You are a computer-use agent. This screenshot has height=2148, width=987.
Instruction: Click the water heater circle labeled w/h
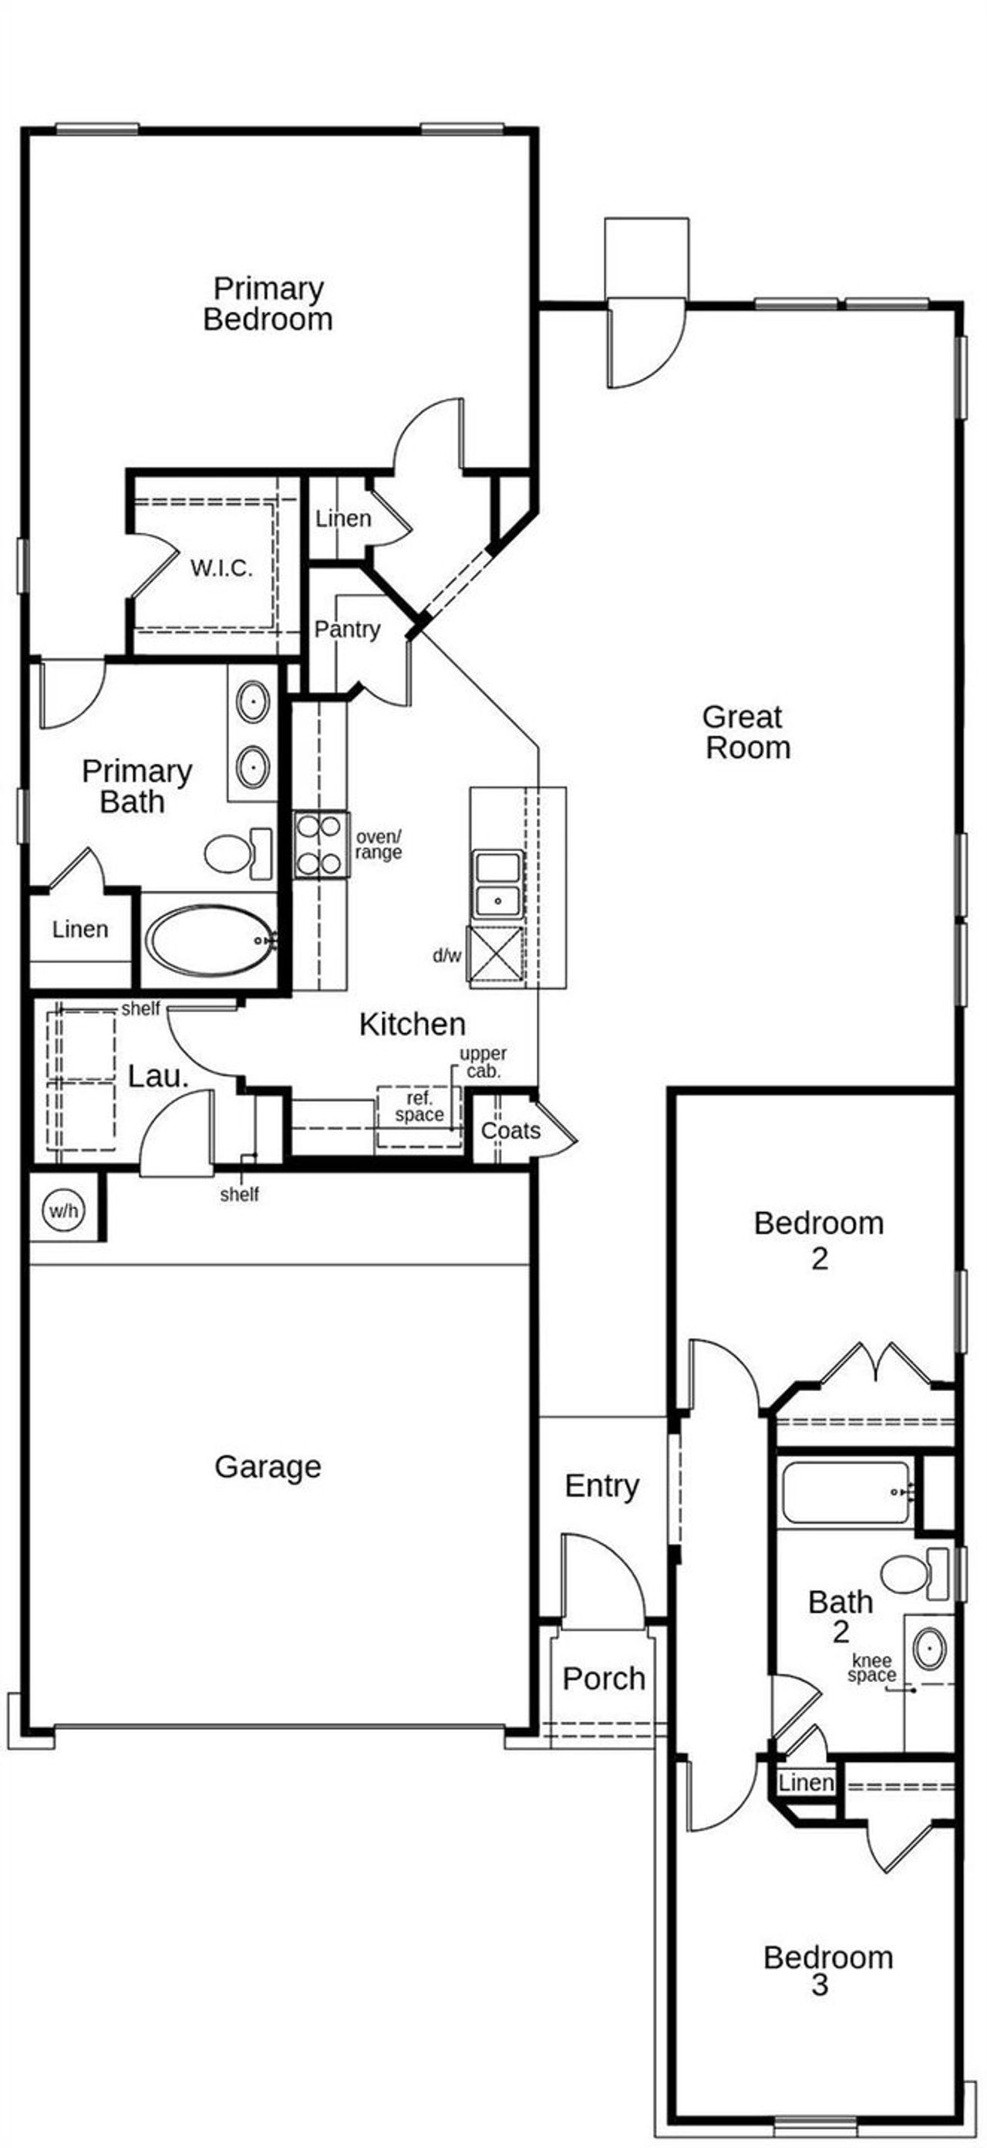[x=63, y=1210]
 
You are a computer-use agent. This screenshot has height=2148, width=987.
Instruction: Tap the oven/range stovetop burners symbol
[x=320, y=845]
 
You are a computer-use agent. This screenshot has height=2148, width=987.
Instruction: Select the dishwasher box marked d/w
[x=495, y=956]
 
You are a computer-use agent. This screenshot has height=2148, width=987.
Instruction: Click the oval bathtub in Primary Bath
[x=212, y=941]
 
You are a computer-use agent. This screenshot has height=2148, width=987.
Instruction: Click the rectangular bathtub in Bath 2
[x=845, y=1493]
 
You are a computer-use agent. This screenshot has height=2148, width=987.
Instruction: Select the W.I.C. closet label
[x=221, y=569]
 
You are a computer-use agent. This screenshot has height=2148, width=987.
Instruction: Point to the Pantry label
[x=347, y=630]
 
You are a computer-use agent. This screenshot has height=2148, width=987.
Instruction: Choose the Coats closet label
[x=510, y=1130]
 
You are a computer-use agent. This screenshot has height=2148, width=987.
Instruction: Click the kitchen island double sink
[x=497, y=884]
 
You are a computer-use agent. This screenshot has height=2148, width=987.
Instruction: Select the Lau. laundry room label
[x=157, y=1076]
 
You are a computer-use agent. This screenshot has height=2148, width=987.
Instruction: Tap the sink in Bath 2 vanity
[x=928, y=1650]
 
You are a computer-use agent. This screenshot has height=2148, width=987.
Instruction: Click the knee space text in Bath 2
[x=872, y=1667]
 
